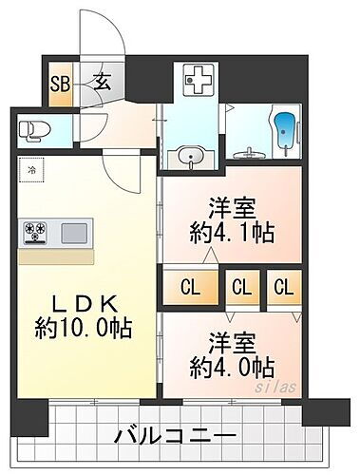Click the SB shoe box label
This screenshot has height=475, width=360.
pyautogui.click(x=57, y=81)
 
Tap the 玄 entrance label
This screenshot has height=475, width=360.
pyautogui.click(x=101, y=80)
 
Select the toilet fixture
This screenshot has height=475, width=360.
pyautogui.click(x=31, y=129)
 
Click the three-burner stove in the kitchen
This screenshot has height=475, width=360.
pyautogui.click(x=37, y=231)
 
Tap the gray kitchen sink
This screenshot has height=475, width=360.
pyautogui.click(x=76, y=231)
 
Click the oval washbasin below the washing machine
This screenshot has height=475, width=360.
pyautogui.click(x=186, y=155)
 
